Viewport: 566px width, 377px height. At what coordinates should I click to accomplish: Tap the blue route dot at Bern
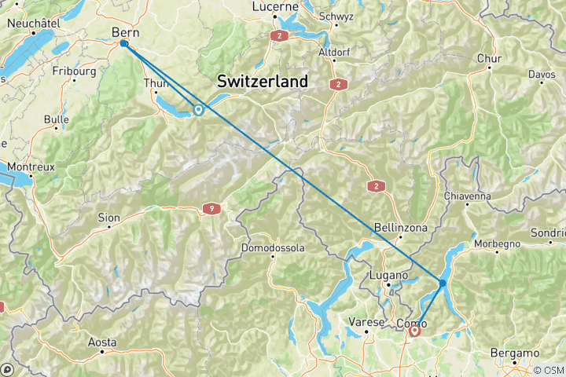(124, 44)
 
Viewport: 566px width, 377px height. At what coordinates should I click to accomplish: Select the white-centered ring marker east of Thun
(198, 111)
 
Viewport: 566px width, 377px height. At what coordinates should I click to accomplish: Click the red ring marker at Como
(415, 331)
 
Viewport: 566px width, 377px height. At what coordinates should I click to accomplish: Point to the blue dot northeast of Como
(443, 283)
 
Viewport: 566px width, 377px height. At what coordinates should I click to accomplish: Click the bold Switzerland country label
(263, 82)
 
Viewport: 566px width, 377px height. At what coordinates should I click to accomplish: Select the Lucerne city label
(275, 7)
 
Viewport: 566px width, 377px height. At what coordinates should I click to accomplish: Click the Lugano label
(388, 276)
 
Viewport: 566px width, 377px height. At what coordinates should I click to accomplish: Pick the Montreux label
(31, 167)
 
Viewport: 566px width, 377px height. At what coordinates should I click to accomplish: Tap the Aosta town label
(102, 342)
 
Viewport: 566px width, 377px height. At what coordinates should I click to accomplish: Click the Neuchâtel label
(35, 24)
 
